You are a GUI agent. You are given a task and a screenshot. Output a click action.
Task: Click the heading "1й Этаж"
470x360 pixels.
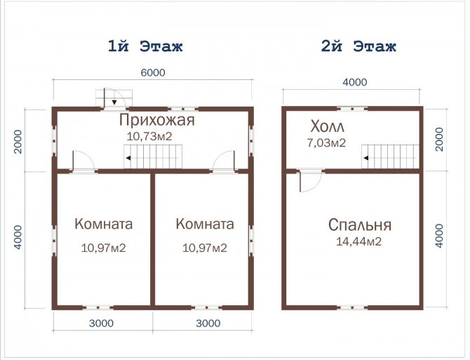(x=145, y=47)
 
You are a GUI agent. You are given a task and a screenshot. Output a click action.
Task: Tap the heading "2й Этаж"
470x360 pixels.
(x=358, y=47)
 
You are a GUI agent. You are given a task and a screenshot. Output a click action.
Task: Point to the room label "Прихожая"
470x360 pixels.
(x=156, y=120)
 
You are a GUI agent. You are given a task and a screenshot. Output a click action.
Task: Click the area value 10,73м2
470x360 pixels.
(x=149, y=136)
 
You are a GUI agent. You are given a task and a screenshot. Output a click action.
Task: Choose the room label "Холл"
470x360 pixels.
(x=328, y=127)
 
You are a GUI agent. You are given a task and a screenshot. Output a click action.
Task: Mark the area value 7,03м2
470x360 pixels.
(x=328, y=143)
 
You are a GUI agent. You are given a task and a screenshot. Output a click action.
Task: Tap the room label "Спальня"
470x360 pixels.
(x=360, y=225)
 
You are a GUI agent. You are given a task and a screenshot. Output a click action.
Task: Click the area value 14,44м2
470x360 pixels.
(x=356, y=241)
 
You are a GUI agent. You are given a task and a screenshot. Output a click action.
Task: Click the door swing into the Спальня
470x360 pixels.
(x=308, y=181)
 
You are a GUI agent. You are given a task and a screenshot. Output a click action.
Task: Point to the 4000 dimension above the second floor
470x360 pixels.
(x=354, y=81)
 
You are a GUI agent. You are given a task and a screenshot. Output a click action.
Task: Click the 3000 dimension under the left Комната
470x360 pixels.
(x=103, y=324)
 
